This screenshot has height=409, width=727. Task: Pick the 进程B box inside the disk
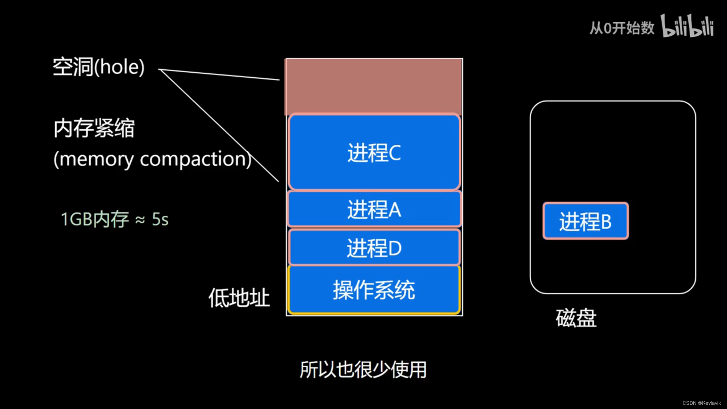585,221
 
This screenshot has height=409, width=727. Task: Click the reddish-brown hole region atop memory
374,86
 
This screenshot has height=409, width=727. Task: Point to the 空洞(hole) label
98,67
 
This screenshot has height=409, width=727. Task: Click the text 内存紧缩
94,128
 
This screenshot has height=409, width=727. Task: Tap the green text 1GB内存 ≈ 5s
114,219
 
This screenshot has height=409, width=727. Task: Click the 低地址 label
239,298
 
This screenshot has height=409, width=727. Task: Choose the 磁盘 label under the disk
576,318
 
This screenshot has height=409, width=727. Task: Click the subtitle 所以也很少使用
363,370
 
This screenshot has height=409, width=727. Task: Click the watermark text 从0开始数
622,28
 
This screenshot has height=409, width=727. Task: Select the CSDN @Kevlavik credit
701,403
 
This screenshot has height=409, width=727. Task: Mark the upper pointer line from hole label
220,75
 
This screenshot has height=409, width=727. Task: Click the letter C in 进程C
395,153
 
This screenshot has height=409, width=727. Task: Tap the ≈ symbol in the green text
140,220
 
